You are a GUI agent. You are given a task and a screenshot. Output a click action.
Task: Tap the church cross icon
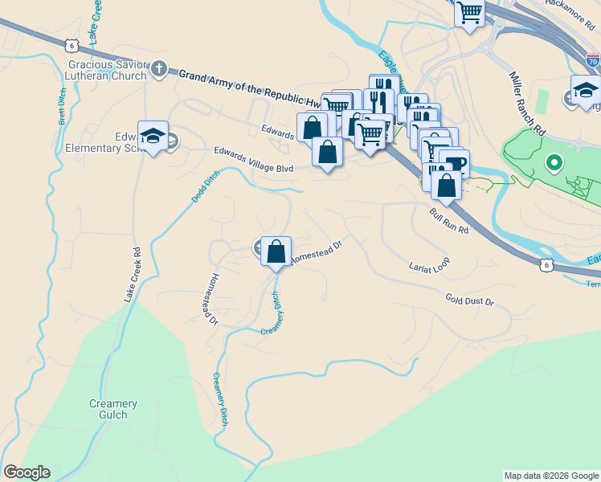click(159, 69)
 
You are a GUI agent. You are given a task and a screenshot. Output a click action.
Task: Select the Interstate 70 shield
click(592, 60)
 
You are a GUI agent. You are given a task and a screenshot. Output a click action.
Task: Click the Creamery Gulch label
click(113, 409)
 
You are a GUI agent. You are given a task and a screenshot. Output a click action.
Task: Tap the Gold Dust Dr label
click(469, 300)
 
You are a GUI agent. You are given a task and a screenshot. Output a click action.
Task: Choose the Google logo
click(27, 472)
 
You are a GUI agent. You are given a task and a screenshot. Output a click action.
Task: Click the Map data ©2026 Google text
click(550, 476)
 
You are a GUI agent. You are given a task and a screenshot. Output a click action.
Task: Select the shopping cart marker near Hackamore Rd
click(469, 14)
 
